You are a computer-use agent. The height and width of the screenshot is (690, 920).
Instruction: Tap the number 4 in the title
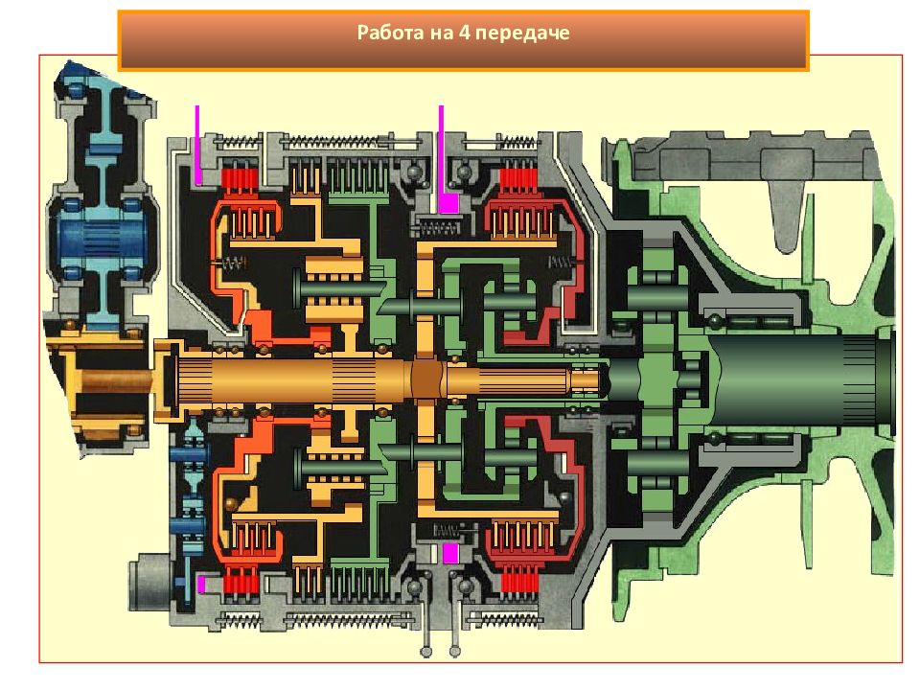point(465,32)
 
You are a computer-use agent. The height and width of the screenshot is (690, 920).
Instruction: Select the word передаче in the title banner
point(522,33)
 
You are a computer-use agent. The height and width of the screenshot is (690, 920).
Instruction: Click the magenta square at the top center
point(448,203)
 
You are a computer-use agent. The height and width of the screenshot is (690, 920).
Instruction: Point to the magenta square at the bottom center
point(450,553)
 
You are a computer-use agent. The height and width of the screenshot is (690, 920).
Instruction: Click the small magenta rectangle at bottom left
point(201,585)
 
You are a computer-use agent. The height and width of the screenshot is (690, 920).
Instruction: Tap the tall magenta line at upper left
point(197,145)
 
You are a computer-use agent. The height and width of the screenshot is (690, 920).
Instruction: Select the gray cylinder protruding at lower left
point(150,582)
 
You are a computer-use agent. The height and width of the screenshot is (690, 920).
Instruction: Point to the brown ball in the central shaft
point(426,379)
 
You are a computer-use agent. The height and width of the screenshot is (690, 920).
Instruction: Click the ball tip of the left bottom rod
point(426,651)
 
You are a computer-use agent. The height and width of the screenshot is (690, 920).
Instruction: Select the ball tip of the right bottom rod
point(454,651)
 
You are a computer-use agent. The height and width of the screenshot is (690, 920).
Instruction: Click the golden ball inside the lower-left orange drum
point(230,505)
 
